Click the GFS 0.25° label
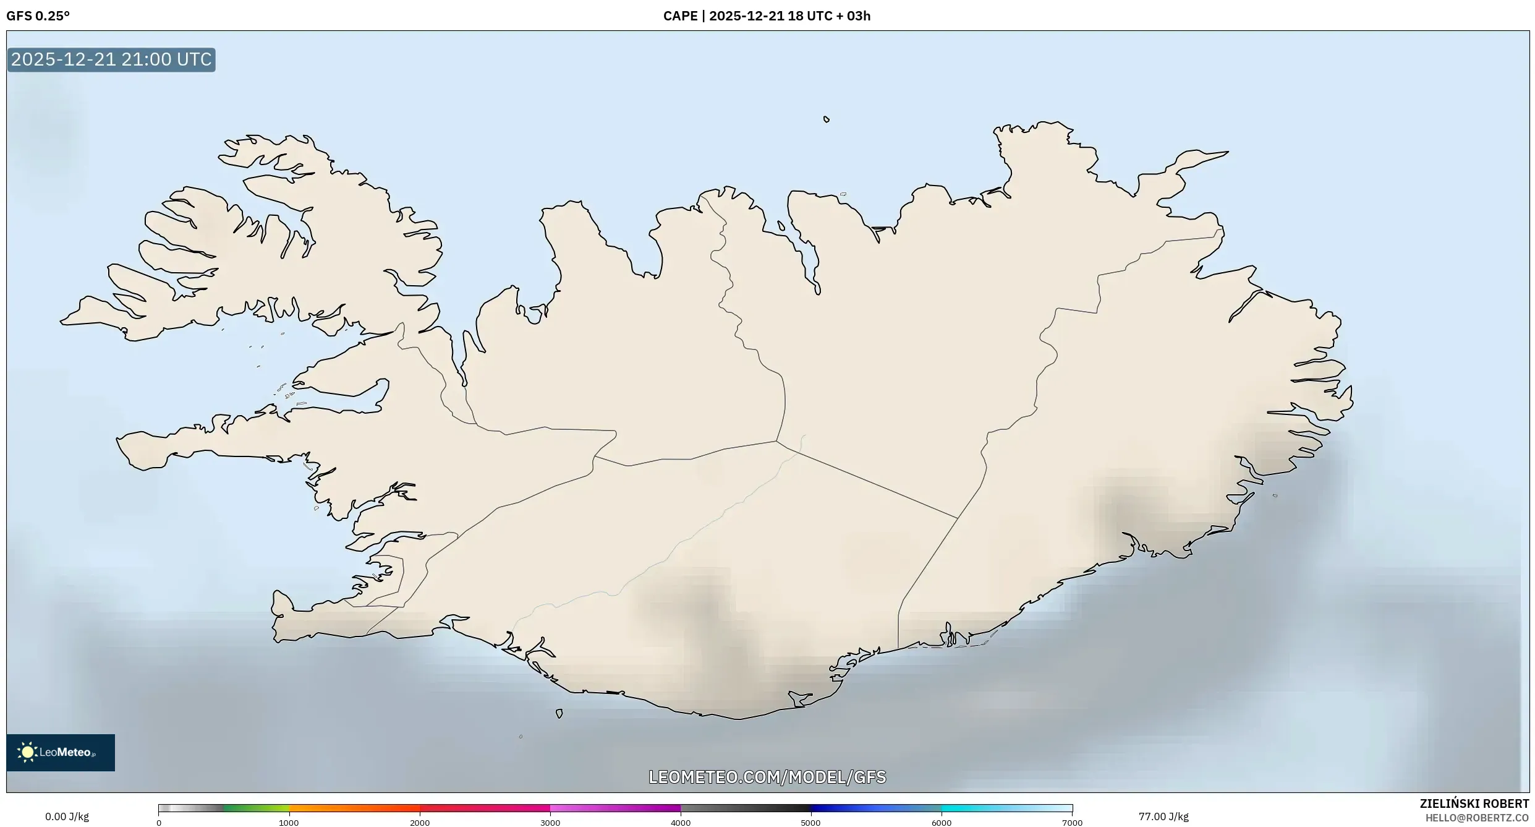[38, 16]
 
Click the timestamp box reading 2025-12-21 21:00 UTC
[111, 59]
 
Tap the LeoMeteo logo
[60, 752]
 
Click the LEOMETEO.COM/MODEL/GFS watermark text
[767, 777]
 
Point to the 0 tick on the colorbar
[159, 823]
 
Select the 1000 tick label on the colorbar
[289, 823]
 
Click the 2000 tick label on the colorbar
[420, 823]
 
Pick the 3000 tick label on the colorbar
[550, 823]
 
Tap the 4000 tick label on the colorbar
[681, 823]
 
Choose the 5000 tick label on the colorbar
[811, 823]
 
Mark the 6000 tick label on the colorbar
[942, 823]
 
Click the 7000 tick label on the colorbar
[1072, 823]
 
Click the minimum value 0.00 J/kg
[67, 816]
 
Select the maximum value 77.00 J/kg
[1163, 816]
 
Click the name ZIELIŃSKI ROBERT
[1474, 803]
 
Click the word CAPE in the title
[680, 16]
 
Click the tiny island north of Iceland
[827, 119]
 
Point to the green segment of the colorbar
[256, 808]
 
